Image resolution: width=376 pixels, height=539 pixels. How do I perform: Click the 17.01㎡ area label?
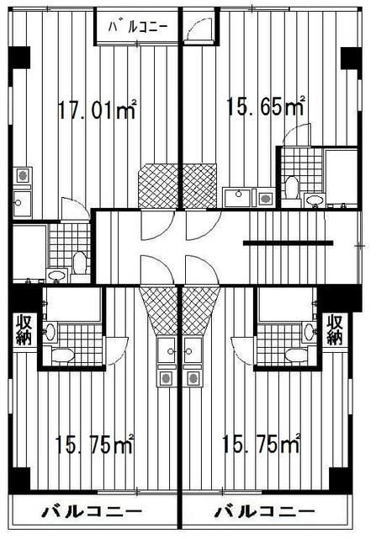point(97,109)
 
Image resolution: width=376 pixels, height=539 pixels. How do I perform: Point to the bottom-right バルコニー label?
point(265,511)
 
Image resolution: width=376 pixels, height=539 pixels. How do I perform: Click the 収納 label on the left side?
point(22,329)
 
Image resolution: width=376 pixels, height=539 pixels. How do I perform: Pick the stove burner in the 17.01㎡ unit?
point(22,177)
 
